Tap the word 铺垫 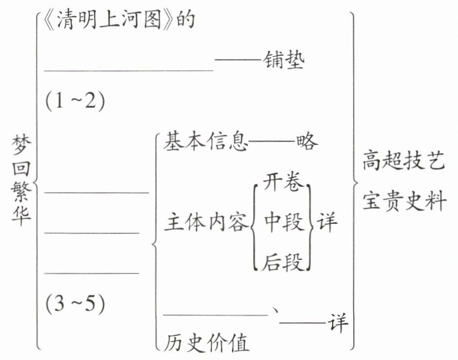pyautogui.click(x=284, y=61)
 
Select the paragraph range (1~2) pyautogui.click(x=75, y=101)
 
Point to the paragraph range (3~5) pyautogui.click(x=75, y=304)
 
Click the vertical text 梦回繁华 pyautogui.click(x=21, y=180)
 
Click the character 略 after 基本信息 pyautogui.click(x=307, y=143)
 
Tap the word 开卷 pyautogui.click(x=284, y=183)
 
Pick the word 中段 pyautogui.click(x=284, y=223)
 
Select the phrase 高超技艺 pyautogui.click(x=403, y=163)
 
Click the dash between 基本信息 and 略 pyautogui.click(x=272, y=143)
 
